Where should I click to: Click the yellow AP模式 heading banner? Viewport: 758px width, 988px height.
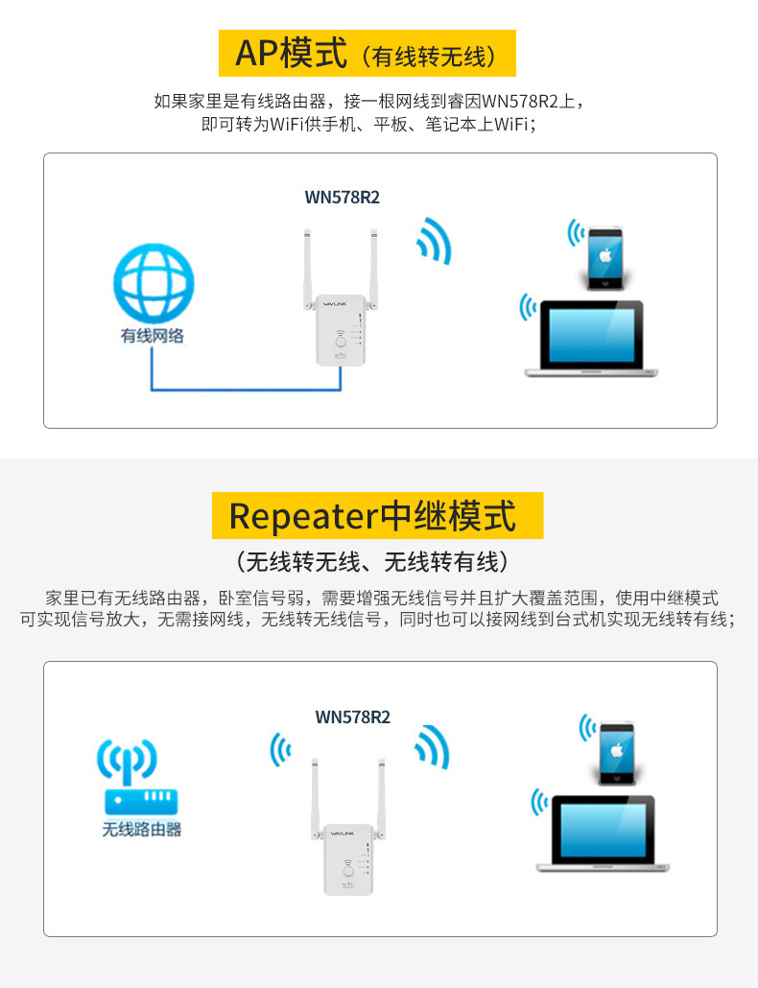point(367,53)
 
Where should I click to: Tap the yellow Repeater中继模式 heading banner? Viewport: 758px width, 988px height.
point(377,515)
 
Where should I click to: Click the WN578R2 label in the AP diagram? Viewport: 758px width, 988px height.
point(343,198)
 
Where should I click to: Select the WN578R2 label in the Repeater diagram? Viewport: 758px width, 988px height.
point(353,717)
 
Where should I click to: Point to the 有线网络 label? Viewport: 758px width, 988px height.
point(153,337)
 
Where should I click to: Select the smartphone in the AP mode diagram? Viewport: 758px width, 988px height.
point(605,258)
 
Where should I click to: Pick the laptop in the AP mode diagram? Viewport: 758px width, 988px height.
point(590,338)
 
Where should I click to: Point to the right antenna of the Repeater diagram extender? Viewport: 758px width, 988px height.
point(381,796)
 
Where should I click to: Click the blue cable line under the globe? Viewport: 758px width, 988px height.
point(245,389)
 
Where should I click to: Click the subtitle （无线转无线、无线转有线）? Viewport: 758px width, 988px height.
point(378,561)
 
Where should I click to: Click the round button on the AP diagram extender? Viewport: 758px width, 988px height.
point(341,341)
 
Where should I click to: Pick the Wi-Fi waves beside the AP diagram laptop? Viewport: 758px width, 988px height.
point(527,307)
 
